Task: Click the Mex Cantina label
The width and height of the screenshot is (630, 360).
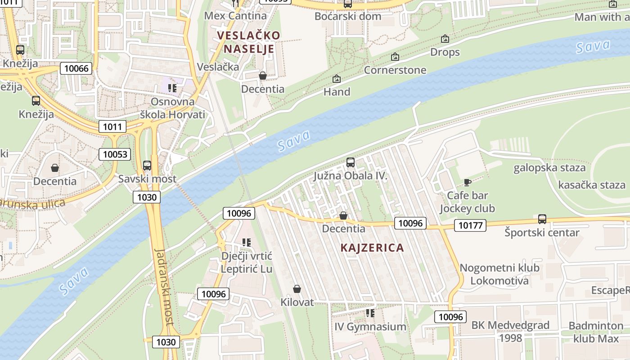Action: pos(235,16)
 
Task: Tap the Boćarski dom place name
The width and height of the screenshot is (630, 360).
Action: pos(348,16)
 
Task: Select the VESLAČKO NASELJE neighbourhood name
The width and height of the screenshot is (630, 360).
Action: pos(248,42)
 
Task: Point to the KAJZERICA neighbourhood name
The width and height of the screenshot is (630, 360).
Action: pos(372,247)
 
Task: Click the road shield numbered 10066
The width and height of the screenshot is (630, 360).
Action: pos(76,68)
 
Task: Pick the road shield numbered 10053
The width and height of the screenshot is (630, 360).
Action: pos(115,154)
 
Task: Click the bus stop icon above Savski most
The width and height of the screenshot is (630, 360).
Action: pos(147,165)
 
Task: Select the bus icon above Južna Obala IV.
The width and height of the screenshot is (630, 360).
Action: pos(351,162)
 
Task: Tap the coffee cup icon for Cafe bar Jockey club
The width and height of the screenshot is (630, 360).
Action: pos(468,182)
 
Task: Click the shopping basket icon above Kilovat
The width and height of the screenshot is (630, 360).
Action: pos(297,289)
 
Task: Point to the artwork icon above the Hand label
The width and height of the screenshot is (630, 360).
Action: pos(337,79)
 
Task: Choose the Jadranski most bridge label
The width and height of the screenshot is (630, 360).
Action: pos(164,286)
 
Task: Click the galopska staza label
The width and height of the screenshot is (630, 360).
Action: pos(549,168)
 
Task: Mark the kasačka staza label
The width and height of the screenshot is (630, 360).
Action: pos(591,185)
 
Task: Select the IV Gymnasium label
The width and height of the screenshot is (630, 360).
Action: pos(370,327)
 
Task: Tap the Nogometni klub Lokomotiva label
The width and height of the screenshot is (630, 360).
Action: pos(499,274)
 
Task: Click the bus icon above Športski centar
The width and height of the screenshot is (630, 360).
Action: pos(542,219)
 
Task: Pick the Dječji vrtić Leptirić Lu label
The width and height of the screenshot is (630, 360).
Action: pos(247,262)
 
